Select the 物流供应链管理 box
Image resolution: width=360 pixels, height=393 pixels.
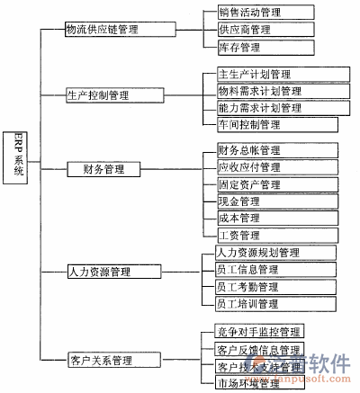tap(119, 30)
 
